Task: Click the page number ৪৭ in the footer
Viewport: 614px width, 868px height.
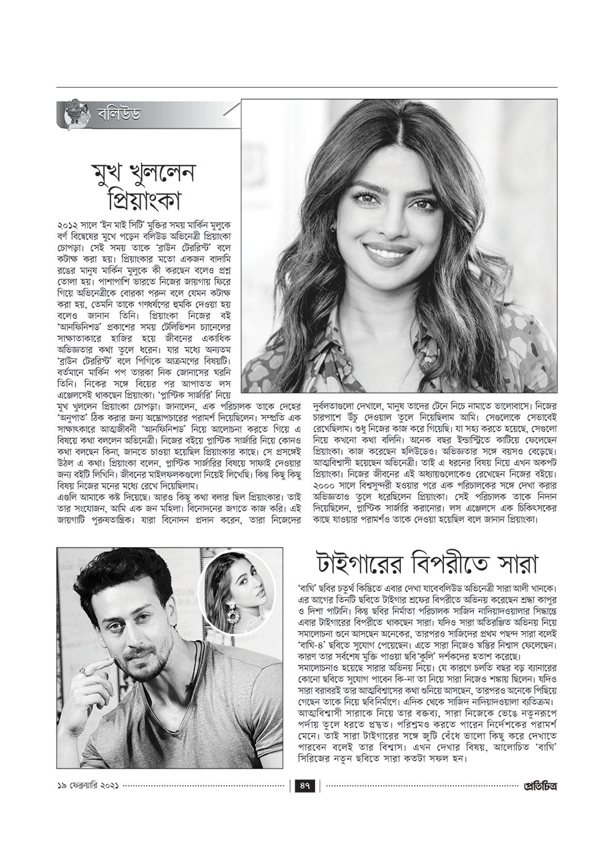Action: (305, 786)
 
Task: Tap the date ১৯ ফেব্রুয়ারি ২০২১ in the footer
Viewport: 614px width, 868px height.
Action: (86, 786)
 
